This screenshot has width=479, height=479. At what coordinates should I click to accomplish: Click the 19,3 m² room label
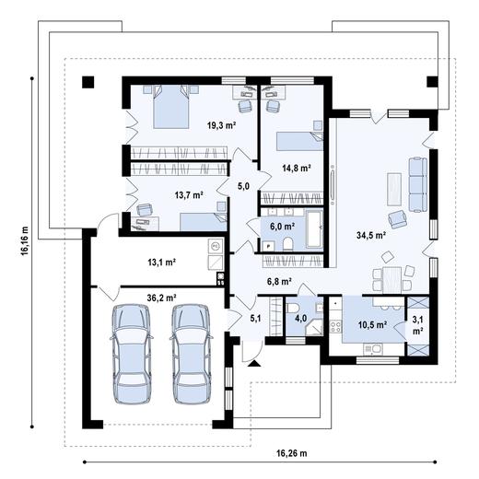click(x=221, y=125)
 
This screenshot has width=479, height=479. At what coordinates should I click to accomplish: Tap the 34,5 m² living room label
click(x=371, y=235)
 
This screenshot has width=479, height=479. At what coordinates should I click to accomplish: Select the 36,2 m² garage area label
click(x=161, y=298)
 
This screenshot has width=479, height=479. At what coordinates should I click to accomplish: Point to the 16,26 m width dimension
click(x=291, y=453)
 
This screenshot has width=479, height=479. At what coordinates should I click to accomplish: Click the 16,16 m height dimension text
click(x=25, y=240)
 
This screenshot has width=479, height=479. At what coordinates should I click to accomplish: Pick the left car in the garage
click(x=132, y=353)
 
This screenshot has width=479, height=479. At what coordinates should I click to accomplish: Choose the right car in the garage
click(x=192, y=353)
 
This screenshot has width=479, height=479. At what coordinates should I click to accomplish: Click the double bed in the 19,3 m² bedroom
click(x=170, y=107)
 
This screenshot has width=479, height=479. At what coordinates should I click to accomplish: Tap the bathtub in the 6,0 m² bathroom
click(x=313, y=228)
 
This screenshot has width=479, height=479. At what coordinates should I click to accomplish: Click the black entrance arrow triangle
click(x=254, y=364)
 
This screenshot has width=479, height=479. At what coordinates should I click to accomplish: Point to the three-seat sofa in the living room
click(x=417, y=184)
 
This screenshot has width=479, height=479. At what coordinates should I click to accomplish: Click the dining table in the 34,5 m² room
click(x=391, y=280)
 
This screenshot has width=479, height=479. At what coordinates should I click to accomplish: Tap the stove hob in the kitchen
click(x=335, y=326)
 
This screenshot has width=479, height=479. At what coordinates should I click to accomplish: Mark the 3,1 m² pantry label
click(x=417, y=326)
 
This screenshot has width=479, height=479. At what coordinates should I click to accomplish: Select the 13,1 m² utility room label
click(x=161, y=263)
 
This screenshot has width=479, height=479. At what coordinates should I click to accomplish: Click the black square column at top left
click(x=88, y=82)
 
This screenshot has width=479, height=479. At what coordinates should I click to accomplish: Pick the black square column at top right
click(x=432, y=82)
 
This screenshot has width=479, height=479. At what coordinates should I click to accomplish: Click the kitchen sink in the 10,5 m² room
click(x=373, y=348)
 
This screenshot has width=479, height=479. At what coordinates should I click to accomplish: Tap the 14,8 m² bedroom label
click(x=297, y=168)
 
